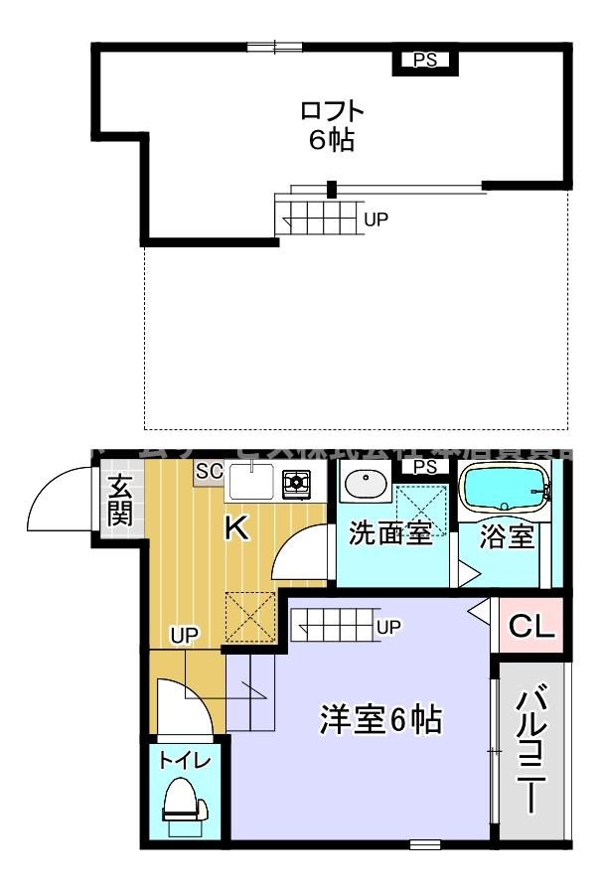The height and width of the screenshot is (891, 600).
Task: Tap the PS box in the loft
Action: pos(425,61)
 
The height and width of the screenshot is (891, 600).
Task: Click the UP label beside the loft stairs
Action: pos(375,221)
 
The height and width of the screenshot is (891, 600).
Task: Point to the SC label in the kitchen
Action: pos(209,470)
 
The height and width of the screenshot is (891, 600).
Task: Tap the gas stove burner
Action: pos(296,484)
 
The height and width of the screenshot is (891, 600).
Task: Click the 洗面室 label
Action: pos(389,534)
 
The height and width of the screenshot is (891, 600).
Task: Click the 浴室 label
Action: pos(507,536)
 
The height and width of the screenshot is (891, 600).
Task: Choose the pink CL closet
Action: pos(531,627)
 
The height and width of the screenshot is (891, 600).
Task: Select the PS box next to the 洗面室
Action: pos(425,467)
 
